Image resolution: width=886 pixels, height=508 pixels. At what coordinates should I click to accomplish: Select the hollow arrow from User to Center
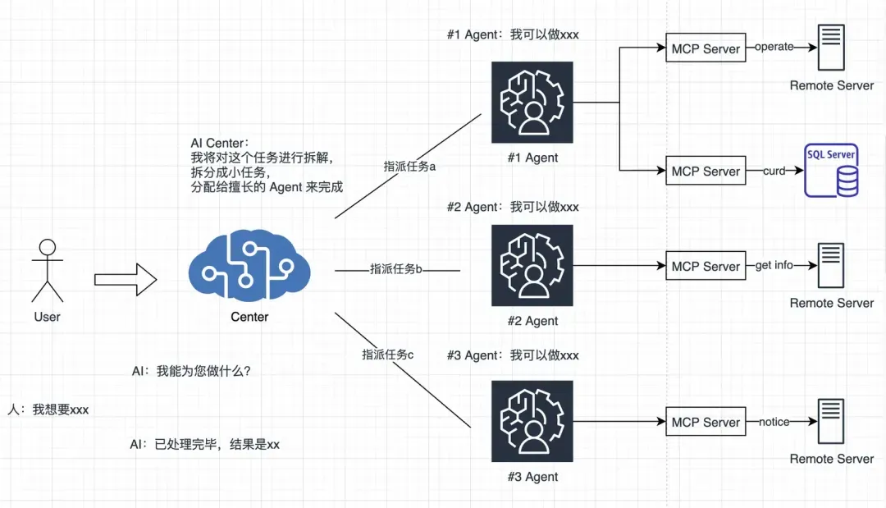(126, 279)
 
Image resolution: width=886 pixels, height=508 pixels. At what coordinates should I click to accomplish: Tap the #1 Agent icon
(532, 103)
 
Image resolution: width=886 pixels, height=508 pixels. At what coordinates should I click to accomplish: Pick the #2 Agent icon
(532, 266)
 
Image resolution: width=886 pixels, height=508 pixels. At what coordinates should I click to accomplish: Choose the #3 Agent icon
(532, 421)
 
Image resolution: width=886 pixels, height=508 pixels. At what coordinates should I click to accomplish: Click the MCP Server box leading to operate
(706, 48)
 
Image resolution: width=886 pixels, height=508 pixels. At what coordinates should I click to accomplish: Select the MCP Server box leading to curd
(706, 170)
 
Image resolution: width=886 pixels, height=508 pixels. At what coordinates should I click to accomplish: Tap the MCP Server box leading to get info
(706, 266)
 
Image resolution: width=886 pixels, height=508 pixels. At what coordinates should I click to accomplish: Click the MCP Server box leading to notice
(706, 422)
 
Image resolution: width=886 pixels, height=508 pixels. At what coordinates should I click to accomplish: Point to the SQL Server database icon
(831, 170)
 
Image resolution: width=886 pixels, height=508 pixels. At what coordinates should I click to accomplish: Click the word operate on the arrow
(774, 47)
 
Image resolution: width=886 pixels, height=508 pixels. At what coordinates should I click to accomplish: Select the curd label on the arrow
(774, 171)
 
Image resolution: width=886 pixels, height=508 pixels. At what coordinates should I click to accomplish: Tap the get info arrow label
(774, 265)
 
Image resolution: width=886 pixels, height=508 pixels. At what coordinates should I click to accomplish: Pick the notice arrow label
(774, 422)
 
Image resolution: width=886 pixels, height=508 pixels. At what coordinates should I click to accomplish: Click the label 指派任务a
(409, 166)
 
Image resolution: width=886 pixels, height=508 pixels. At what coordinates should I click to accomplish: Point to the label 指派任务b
(396, 269)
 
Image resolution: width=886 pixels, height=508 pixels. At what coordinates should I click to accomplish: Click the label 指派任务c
(387, 355)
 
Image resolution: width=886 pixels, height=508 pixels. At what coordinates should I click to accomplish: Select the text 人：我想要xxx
(48, 410)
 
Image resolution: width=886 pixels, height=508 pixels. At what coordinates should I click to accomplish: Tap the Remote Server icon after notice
(830, 421)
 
